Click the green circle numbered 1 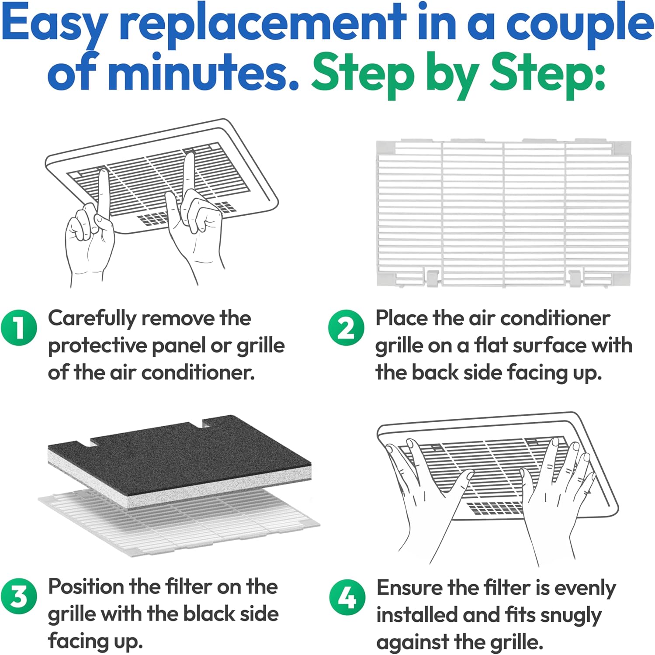[19, 327]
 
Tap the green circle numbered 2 [346, 327]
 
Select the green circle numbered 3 [19, 596]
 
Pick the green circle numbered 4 [347, 597]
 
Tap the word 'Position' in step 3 [86, 586]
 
